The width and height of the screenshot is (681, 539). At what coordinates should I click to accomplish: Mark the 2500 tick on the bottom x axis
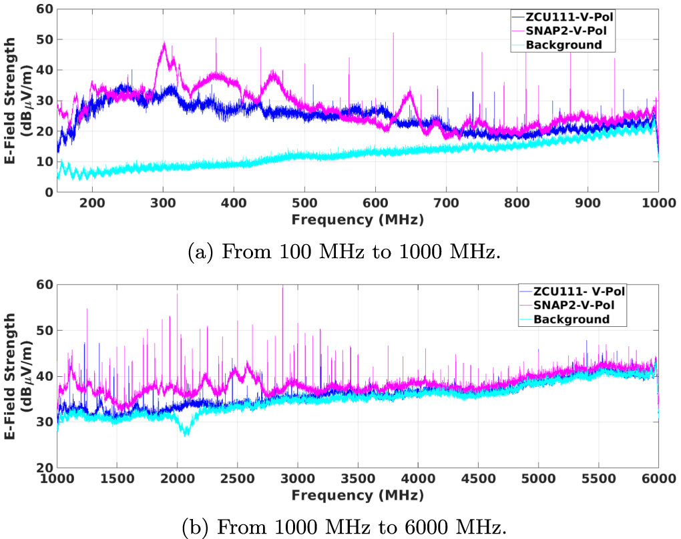coord(298,479)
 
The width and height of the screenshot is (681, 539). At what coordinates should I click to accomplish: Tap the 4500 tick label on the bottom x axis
coord(539,479)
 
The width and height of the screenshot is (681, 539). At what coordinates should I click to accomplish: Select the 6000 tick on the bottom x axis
coord(659,479)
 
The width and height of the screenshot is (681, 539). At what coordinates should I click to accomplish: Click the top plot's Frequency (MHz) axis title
coord(357,217)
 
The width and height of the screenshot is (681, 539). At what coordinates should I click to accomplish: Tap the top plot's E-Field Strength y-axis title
coord(18,100)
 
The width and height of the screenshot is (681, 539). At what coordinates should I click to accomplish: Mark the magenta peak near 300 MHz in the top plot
coord(164,44)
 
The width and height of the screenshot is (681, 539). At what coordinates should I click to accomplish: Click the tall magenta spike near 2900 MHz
coord(282,287)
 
